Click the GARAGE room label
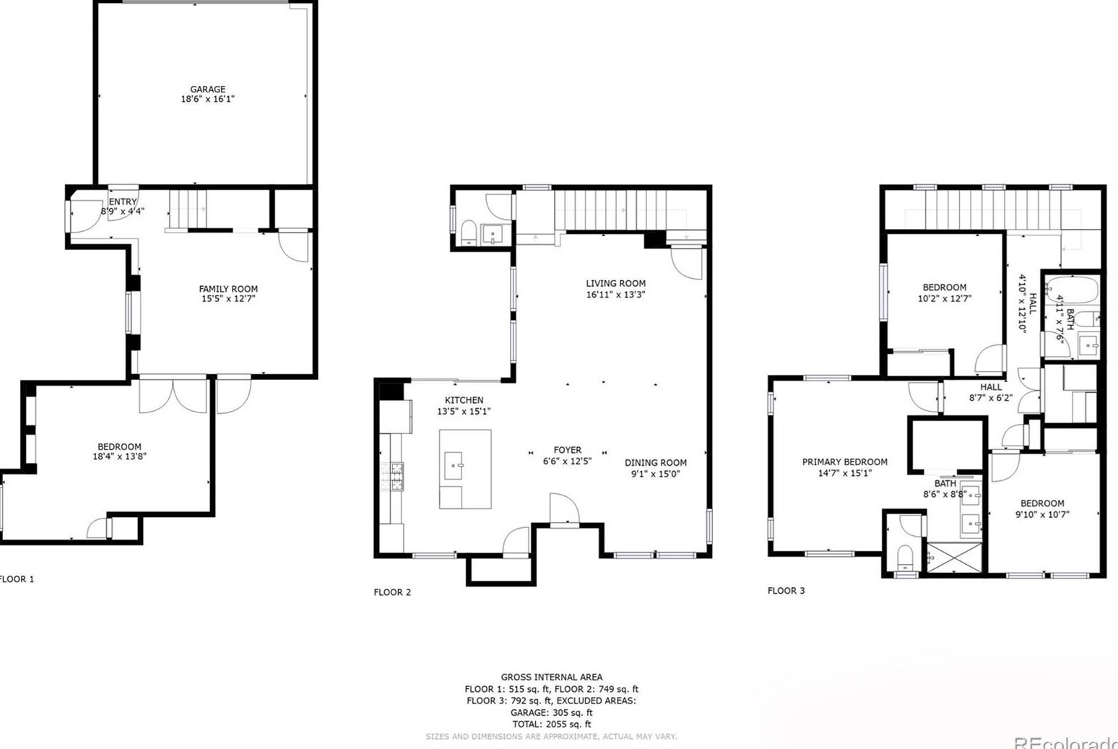(207, 90)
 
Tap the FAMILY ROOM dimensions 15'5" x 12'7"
(228, 298)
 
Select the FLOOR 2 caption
(392, 592)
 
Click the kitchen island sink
(454, 466)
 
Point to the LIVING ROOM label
(615, 284)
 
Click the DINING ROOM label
(655, 463)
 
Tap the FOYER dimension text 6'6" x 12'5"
(567, 461)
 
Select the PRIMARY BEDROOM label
(844, 462)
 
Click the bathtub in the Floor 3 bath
(1072, 291)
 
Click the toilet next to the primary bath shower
(904, 557)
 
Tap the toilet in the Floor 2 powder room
(469, 232)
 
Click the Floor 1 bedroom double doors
(174, 395)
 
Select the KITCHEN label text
(464, 400)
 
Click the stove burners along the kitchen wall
(396, 477)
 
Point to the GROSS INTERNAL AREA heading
(551, 677)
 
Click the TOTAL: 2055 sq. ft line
(551, 724)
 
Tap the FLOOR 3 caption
(786, 591)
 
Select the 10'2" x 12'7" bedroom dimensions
(944, 298)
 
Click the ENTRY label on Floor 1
(123, 202)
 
